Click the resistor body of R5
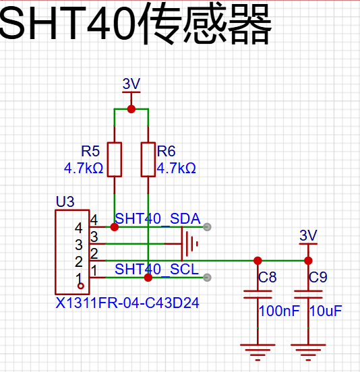(x=115, y=160)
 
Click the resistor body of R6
(x=148, y=160)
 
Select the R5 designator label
(x=90, y=151)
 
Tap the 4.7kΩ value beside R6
(x=177, y=168)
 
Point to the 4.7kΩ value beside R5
(x=84, y=168)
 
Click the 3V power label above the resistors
(x=131, y=84)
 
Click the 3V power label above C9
(x=308, y=235)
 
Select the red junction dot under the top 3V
(x=131, y=109)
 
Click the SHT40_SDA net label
(x=158, y=218)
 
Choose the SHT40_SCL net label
(x=156, y=269)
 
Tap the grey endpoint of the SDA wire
(x=207, y=227)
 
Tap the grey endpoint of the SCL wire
(x=207, y=278)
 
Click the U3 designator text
(x=65, y=201)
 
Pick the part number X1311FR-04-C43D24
(x=127, y=303)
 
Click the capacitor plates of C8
(x=258, y=294)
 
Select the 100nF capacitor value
(x=279, y=311)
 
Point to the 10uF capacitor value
(x=326, y=311)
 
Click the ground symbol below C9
(x=308, y=352)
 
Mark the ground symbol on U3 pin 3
(x=189, y=244)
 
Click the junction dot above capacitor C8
(x=258, y=261)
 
